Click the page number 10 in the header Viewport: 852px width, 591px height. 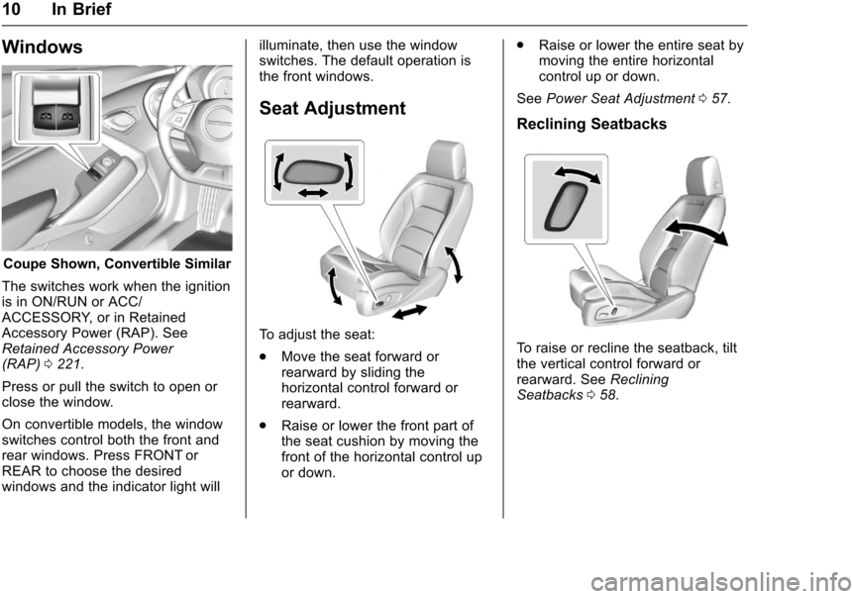(12, 9)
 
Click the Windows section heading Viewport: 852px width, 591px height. (42, 47)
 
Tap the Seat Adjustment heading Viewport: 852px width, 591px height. (332, 108)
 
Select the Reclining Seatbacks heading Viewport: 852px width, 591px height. (591, 124)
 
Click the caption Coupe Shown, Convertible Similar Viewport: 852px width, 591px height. (117, 264)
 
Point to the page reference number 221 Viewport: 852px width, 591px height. (68, 364)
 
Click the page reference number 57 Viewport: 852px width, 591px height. (719, 99)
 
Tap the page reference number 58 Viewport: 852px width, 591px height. (608, 395)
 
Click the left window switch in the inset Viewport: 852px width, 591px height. (46, 116)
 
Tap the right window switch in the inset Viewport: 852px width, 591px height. (67, 116)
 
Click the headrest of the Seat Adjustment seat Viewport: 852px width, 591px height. (447, 159)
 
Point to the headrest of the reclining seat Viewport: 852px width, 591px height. (704, 176)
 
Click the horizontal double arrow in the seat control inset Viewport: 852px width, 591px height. (313, 192)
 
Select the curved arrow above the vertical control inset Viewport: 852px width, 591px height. (577, 175)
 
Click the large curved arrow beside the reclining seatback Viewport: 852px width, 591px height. (696, 232)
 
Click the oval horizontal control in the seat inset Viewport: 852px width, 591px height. (311, 172)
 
